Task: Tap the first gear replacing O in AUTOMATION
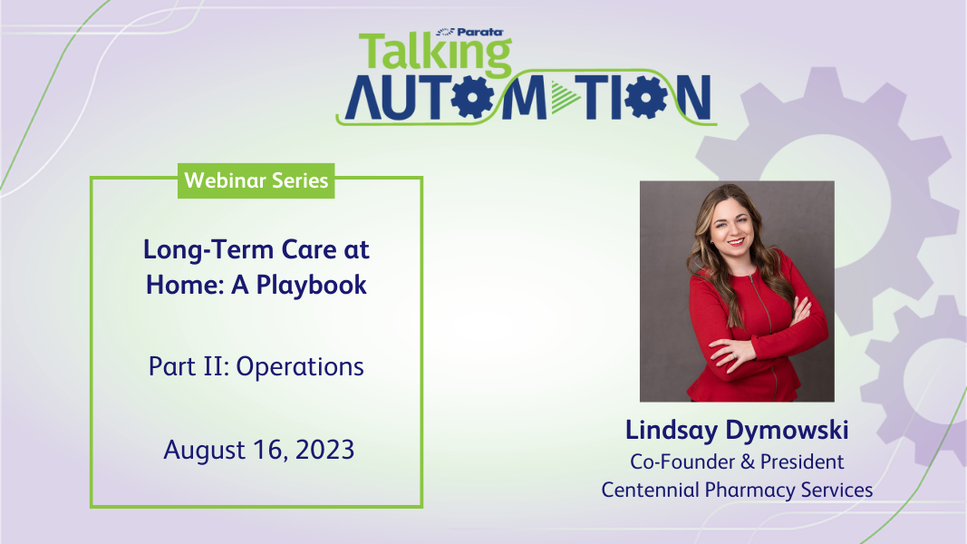472,97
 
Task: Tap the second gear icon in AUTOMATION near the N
645,97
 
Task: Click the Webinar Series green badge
256,180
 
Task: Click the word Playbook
312,286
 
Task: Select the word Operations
300,367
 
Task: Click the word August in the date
204,451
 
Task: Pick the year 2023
325,450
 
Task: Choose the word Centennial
650,490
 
